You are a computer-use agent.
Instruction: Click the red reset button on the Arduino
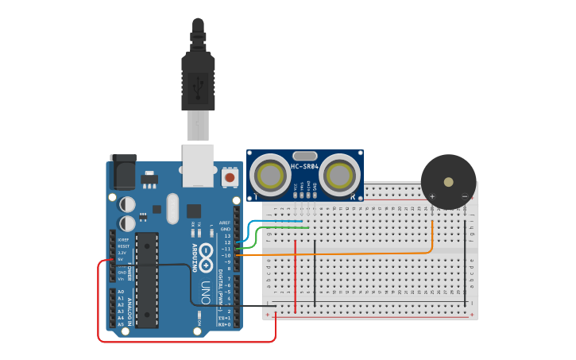[x=230, y=177]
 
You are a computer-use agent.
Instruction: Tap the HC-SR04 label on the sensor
[x=305, y=167]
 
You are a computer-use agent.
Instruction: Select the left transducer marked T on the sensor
[x=269, y=173]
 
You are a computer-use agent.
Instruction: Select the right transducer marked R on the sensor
[x=341, y=173]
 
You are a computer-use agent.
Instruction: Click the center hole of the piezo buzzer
[x=449, y=182]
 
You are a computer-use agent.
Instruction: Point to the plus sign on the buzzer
[x=432, y=195]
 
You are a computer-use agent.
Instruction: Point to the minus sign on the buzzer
[x=465, y=195]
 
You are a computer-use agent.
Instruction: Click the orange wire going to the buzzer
[x=358, y=254]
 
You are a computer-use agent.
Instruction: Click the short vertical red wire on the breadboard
[x=296, y=274]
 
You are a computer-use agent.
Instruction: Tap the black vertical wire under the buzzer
[x=466, y=262]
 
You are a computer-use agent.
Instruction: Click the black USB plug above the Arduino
[x=198, y=75]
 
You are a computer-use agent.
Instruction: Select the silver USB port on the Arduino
[x=198, y=165]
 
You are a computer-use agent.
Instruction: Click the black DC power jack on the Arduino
[x=122, y=172]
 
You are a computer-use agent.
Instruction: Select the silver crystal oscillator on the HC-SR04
[x=305, y=157]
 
